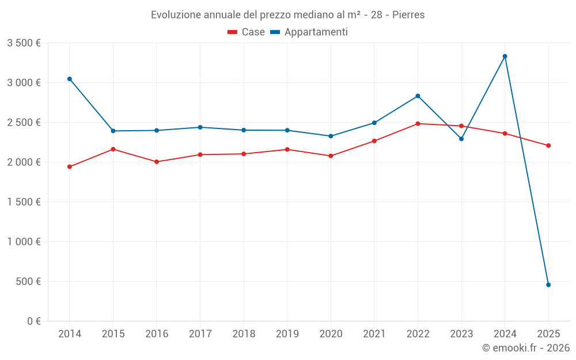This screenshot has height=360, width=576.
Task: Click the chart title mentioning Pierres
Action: coord(287,14)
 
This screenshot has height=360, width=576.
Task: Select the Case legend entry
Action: coord(247,32)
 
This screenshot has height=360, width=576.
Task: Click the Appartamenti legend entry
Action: coord(309,32)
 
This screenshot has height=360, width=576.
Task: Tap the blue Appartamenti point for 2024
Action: coord(505,56)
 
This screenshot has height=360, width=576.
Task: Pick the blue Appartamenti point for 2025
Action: coord(548,285)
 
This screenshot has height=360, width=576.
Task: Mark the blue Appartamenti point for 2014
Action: coord(70,79)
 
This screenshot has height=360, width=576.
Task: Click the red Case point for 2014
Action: coord(70,167)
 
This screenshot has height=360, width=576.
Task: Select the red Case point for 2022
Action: coord(418,124)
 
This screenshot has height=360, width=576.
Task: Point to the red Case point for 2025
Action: coord(548,146)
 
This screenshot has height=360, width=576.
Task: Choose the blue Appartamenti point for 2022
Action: coord(418,96)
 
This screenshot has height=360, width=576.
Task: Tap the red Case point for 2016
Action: coord(157,162)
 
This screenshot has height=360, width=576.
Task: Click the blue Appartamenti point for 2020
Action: coord(331,136)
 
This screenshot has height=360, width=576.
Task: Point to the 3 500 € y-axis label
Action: coord(24,43)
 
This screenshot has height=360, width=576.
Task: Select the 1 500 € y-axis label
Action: coord(24,202)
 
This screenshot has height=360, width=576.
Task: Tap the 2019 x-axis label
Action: coord(287,334)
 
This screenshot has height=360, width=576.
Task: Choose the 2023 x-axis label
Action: coord(461,334)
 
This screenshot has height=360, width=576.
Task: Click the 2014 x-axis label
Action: coord(70,334)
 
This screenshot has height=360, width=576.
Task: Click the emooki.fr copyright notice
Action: coord(525,348)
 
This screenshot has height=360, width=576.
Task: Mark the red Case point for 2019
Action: coord(287,150)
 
